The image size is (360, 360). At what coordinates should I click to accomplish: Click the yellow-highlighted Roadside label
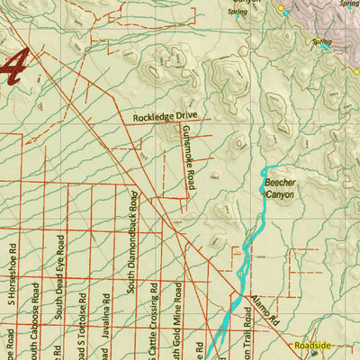tap(313, 345)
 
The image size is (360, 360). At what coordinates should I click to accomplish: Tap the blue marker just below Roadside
tap(313, 353)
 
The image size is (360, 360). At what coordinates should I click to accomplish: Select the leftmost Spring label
tap(237, 13)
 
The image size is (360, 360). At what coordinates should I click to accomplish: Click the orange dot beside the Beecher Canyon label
tap(262, 191)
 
